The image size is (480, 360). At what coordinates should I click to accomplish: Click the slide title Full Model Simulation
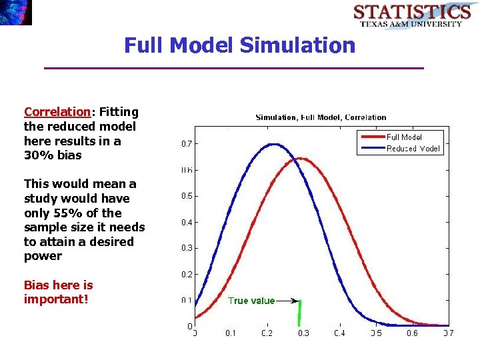point(240,45)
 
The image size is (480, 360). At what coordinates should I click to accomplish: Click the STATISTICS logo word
point(411,12)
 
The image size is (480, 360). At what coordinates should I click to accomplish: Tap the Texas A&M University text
point(411,24)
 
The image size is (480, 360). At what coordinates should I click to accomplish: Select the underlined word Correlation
point(57,112)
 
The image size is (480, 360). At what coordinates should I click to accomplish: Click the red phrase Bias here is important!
point(58,292)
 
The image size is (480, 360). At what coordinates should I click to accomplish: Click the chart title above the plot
point(321,117)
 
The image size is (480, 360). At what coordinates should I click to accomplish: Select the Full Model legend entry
point(404,137)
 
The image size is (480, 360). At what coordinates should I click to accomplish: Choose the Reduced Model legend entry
point(413,149)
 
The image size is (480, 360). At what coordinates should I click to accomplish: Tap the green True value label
point(251,301)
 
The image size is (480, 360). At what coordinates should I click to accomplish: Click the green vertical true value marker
point(300,313)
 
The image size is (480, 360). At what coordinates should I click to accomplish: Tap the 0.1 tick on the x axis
point(230,333)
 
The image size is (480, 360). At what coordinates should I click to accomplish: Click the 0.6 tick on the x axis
point(412,333)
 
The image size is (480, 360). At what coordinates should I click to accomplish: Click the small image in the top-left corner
point(15,12)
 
